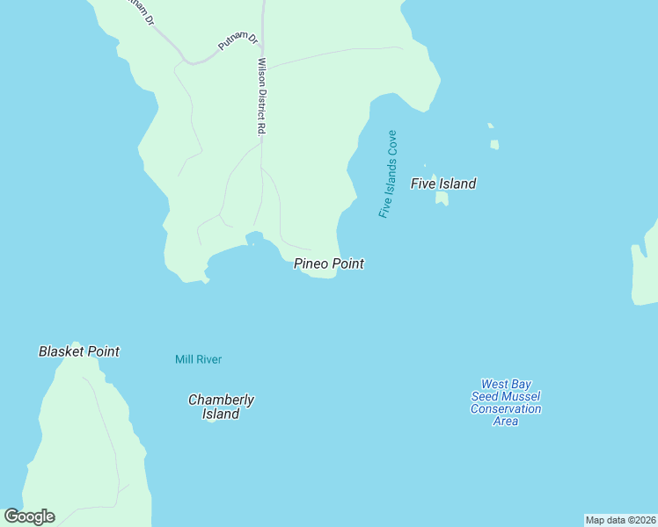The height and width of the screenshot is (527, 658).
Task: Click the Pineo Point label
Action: (x=329, y=263)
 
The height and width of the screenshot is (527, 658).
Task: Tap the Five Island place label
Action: (x=443, y=184)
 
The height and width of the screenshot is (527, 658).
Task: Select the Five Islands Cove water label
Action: (x=388, y=174)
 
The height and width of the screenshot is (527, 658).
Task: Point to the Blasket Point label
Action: (x=79, y=351)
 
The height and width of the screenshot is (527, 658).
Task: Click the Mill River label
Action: (x=198, y=359)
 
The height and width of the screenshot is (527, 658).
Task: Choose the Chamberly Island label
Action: (x=221, y=407)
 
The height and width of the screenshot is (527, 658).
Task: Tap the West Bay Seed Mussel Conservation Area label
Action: (x=505, y=402)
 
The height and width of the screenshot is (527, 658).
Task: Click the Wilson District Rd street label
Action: (x=261, y=96)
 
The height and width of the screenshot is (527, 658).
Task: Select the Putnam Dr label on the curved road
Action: (x=238, y=42)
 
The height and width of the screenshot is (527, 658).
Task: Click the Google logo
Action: (x=29, y=516)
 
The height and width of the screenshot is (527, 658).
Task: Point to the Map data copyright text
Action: (x=620, y=520)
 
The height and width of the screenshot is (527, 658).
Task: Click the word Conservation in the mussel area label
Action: (x=506, y=408)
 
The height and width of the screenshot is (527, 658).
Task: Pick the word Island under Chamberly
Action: (x=221, y=415)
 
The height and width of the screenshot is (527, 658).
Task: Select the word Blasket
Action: (x=62, y=351)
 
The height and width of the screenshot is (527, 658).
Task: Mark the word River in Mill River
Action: (x=208, y=359)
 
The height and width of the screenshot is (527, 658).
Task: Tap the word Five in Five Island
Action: (x=423, y=184)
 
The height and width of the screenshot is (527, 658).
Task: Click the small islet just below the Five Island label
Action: (x=442, y=199)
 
